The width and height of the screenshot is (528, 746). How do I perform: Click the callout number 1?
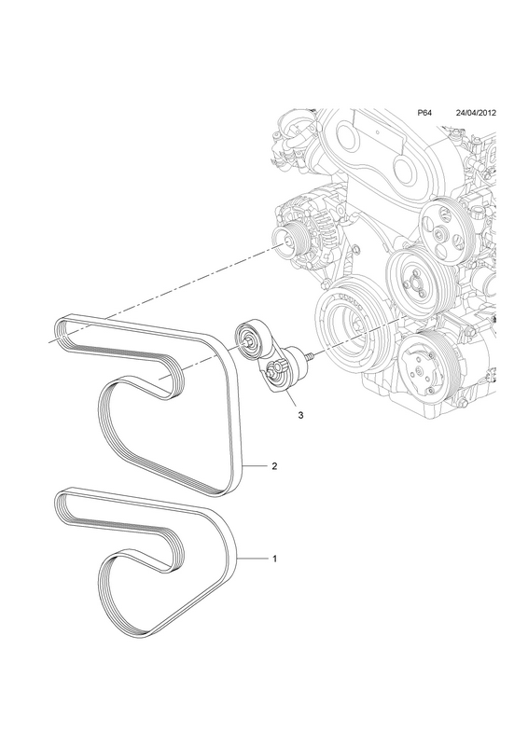(274, 559)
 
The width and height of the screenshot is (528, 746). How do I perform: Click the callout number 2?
(274, 466)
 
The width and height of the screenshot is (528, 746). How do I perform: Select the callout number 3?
(300, 415)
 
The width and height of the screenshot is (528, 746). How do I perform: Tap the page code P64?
(424, 113)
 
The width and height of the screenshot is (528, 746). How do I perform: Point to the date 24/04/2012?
(476, 113)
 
